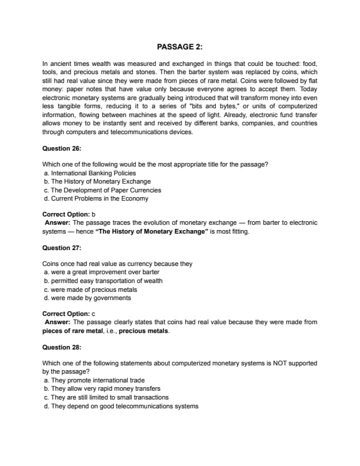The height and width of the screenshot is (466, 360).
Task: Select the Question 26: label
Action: point(62,148)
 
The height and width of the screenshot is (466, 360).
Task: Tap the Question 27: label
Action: point(62,248)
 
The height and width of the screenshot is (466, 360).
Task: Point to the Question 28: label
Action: point(62,347)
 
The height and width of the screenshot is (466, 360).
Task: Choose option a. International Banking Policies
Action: point(90,174)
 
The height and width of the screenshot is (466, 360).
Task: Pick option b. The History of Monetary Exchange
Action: point(98,182)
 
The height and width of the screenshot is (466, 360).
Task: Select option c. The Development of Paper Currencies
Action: point(102,190)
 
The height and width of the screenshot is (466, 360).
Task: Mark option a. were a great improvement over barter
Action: point(102,272)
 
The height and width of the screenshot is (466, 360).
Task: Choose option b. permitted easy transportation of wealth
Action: point(104,281)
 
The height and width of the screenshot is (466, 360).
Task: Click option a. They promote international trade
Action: point(94,380)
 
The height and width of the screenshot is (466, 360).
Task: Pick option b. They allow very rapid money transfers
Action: point(102,388)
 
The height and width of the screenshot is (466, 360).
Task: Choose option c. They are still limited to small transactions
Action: point(106,397)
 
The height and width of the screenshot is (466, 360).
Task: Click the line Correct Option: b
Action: point(65,215)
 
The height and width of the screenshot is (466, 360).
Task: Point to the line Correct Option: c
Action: point(65,314)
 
